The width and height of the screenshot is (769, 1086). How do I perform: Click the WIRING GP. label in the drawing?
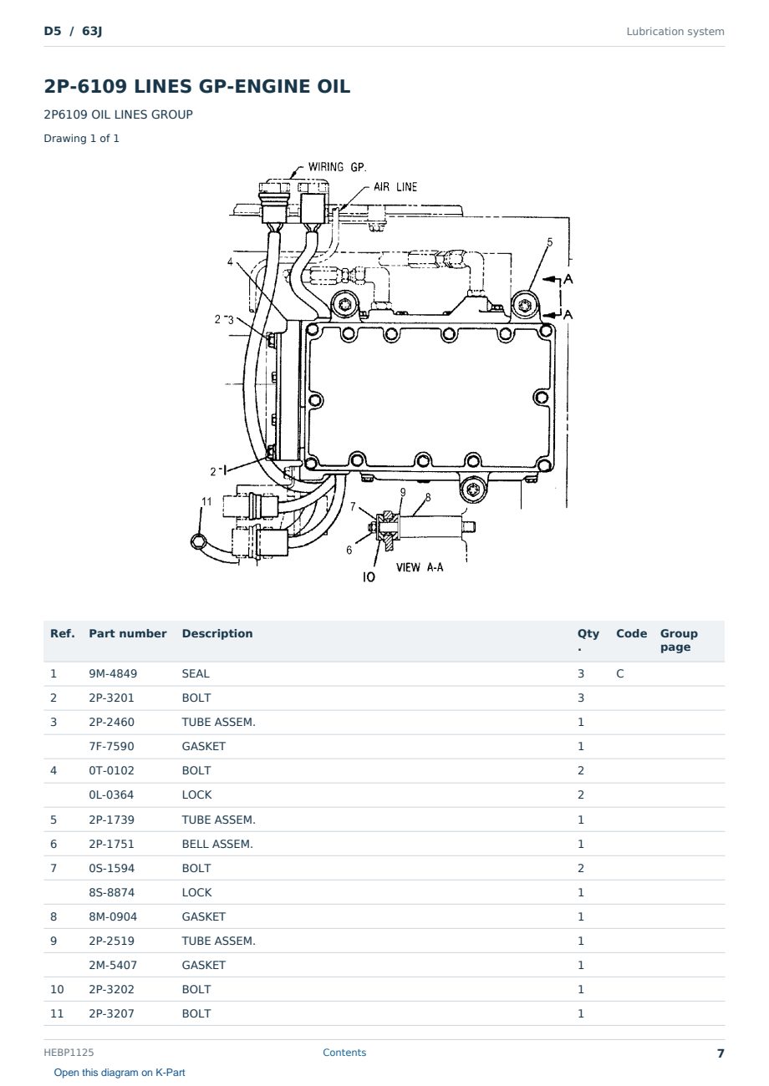337,167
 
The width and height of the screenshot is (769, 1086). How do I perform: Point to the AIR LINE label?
395,187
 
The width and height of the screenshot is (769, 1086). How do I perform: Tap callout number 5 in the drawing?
549,242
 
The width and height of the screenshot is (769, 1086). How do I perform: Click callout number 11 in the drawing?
206,502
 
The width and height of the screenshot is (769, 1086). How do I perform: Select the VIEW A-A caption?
420,567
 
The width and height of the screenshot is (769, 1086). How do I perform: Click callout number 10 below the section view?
369,577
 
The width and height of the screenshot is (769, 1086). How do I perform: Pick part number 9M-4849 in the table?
113,673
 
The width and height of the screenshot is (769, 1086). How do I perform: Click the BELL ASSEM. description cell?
217,844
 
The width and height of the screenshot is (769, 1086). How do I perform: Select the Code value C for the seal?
620,673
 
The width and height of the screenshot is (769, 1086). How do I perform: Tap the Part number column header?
128,634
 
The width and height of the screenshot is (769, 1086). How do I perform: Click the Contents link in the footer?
344,1053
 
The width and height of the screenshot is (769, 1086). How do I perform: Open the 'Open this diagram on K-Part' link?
120,1073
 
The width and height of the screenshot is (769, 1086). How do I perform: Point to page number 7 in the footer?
721,1053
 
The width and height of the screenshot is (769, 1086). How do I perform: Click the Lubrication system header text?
675,32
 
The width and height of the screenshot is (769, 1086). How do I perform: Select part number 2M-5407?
113,965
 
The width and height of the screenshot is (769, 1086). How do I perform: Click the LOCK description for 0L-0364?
196,795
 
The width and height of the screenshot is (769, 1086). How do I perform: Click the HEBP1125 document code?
69,1053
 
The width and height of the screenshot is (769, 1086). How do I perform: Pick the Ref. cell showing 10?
57,990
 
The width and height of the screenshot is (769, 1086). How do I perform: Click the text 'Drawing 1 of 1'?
82,139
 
